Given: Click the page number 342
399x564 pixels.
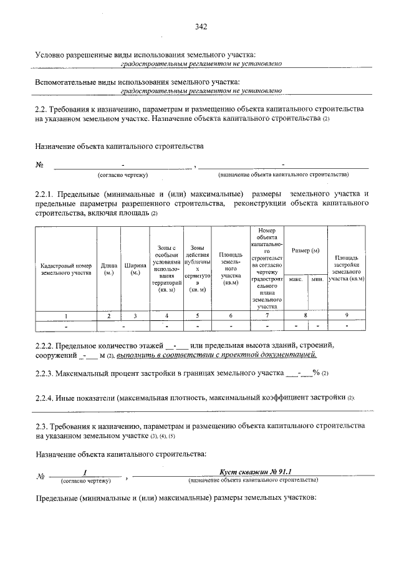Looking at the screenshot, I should click(x=200, y=26).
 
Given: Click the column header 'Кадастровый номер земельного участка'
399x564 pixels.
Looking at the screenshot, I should click(x=66, y=269).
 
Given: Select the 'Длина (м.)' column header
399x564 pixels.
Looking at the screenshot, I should click(x=109, y=269).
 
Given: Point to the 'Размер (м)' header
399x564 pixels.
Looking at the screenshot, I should click(x=305, y=250).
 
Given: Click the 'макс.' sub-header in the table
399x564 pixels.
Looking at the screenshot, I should click(x=295, y=279).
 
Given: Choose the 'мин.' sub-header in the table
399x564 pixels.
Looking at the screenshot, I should click(x=316, y=279).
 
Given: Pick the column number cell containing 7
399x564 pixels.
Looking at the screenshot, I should click(x=267, y=316).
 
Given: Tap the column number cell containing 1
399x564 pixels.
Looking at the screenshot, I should click(x=66, y=316).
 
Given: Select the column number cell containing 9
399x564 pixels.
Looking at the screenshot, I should click(x=346, y=316).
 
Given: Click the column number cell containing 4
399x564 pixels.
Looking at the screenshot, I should click(x=166, y=316).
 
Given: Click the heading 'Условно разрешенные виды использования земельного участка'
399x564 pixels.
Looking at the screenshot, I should click(x=145, y=55).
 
